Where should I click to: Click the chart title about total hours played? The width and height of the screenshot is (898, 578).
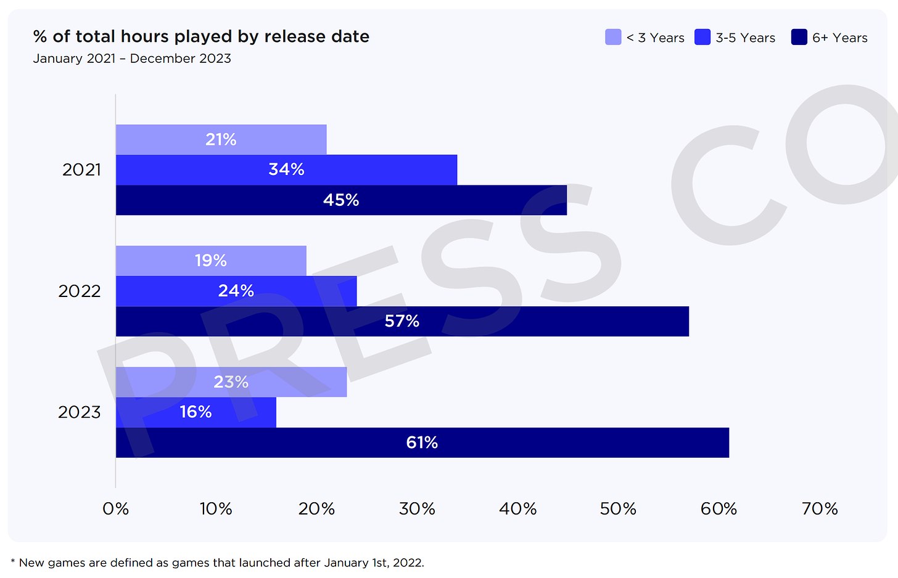coord(201,37)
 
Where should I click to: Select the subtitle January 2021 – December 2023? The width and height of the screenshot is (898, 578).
coord(132,59)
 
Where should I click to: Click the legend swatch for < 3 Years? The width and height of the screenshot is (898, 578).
coord(613,38)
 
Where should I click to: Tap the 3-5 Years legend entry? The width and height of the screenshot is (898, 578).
coord(735,38)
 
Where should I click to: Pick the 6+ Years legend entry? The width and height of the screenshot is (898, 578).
coord(830,38)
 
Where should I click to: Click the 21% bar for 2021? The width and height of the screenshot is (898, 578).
coord(221,140)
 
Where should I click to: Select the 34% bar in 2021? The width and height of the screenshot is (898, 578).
coord(286,169)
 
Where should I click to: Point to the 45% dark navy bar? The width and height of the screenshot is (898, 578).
coord(341,200)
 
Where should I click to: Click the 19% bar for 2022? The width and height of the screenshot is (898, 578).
coord(211,261)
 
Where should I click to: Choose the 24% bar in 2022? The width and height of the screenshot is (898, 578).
coord(236,291)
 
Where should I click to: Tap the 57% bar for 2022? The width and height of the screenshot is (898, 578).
coord(402,321)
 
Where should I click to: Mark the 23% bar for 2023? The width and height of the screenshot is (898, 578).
coord(231,382)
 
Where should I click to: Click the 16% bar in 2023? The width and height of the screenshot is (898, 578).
coord(196,412)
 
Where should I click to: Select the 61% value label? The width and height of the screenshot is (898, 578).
coord(422,442)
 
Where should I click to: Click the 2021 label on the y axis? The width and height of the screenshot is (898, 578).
coord(81,169)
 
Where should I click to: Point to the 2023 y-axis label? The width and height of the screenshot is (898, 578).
coord(79,412)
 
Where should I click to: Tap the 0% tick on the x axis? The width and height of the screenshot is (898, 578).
coord(115,509)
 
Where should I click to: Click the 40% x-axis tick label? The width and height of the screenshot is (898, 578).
coord(517,509)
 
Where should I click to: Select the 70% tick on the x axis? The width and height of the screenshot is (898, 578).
coord(820,509)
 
